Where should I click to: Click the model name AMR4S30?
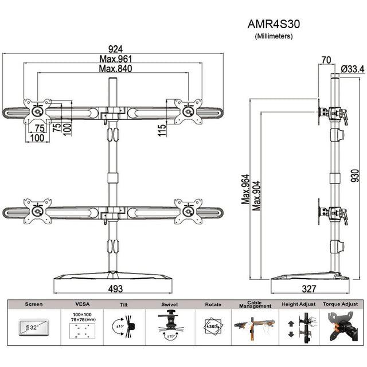click(273, 25)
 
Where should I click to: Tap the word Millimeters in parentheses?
click(274, 36)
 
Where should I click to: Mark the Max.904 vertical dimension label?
click(256, 189)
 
